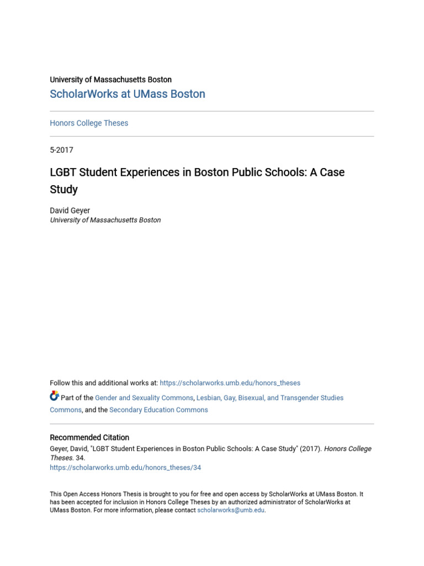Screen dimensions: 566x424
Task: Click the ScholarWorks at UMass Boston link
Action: (128, 94)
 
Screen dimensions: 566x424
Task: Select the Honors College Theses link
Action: (89, 123)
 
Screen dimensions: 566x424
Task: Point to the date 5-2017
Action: (61, 150)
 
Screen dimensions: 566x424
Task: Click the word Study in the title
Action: (63, 190)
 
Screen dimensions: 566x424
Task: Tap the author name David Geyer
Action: (70, 211)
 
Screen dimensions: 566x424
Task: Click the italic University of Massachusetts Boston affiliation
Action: (105, 220)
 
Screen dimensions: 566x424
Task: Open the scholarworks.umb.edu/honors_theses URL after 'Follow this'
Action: (230, 383)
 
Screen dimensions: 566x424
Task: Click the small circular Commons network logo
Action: (54, 396)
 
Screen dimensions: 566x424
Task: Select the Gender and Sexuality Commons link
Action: (144, 398)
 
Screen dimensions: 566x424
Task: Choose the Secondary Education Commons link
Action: (158, 410)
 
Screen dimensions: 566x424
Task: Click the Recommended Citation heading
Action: (89, 438)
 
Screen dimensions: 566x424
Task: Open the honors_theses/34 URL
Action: (125, 468)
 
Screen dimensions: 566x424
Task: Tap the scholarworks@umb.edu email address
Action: (231, 510)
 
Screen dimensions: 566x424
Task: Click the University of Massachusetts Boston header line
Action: (110, 80)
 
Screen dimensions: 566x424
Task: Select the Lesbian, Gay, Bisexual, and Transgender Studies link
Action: (270, 398)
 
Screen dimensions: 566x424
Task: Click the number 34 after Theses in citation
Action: (80, 458)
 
